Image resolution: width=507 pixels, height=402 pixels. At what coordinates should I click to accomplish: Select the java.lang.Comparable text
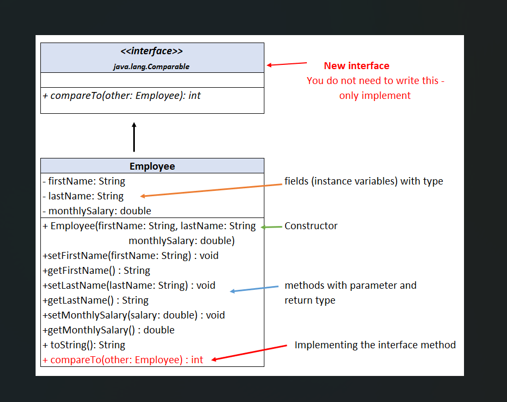151,66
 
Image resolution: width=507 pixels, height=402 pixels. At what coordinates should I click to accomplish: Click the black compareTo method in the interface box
122,96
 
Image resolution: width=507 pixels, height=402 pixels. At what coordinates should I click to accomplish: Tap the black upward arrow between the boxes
134,137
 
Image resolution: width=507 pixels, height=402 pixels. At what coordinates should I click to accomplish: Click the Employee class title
152,166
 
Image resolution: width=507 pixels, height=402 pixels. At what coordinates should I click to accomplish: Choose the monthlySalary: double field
97,211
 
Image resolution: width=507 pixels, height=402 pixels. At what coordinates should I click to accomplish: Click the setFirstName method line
131,256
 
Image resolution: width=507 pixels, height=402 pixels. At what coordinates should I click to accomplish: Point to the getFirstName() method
96,271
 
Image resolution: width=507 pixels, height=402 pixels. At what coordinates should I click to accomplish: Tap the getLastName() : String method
96,300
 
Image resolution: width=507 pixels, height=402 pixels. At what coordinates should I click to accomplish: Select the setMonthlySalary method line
134,315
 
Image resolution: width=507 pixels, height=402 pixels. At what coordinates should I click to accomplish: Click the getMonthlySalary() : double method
108,330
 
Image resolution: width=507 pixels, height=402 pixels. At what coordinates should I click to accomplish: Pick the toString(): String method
84,345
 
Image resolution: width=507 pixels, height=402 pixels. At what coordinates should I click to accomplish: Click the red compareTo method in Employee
123,360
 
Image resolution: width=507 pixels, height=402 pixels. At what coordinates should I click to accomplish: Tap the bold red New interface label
356,66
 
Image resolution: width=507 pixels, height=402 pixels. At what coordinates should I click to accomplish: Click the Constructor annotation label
311,226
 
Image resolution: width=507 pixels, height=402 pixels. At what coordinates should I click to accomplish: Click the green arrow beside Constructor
271,227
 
